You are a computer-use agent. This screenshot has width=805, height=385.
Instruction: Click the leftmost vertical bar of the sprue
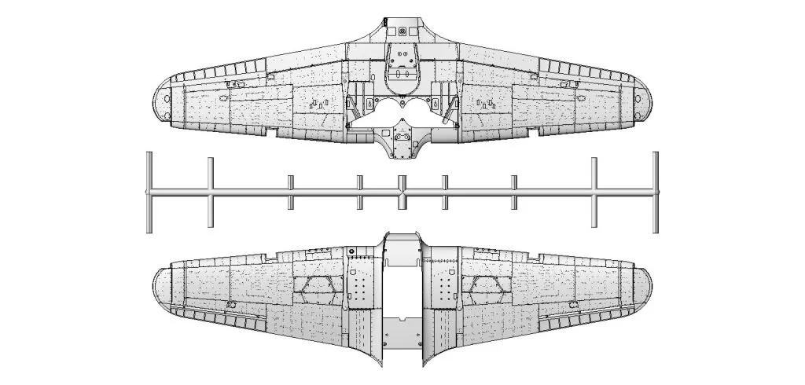coord(149,192)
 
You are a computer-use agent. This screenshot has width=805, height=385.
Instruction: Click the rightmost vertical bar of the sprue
coord(656,192)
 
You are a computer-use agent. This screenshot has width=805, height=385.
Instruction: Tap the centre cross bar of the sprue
coord(402,192)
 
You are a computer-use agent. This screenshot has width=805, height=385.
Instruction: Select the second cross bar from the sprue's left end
coord(210,192)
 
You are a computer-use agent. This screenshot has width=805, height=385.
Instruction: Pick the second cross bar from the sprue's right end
coord(594,192)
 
